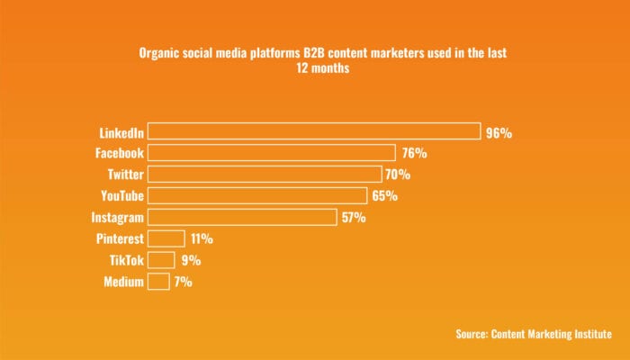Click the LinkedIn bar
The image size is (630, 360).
tap(313, 131)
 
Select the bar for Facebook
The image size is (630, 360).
tap(271, 153)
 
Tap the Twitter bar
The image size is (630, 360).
tap(264, 174)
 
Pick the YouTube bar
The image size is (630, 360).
tap(256, 195)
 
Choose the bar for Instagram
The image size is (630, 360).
tap(242, 217)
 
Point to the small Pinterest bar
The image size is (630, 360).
tap(166, 238)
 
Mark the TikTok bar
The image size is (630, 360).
tap(161, 260)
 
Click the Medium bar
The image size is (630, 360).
tap(158, 282)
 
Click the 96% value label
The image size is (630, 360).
tap(499, 132)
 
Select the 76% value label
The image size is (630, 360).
tap(414, 153)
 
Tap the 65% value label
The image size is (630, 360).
tap(385, 195)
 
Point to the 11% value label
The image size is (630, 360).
tap(202, 238)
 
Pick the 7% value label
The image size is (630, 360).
tap(184, 282)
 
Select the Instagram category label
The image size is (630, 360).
tap(118, 217)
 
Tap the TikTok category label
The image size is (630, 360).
tap(126, 260)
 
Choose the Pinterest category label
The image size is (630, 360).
tap(119, 238)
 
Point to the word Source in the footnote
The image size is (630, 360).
tap(472, 334)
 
